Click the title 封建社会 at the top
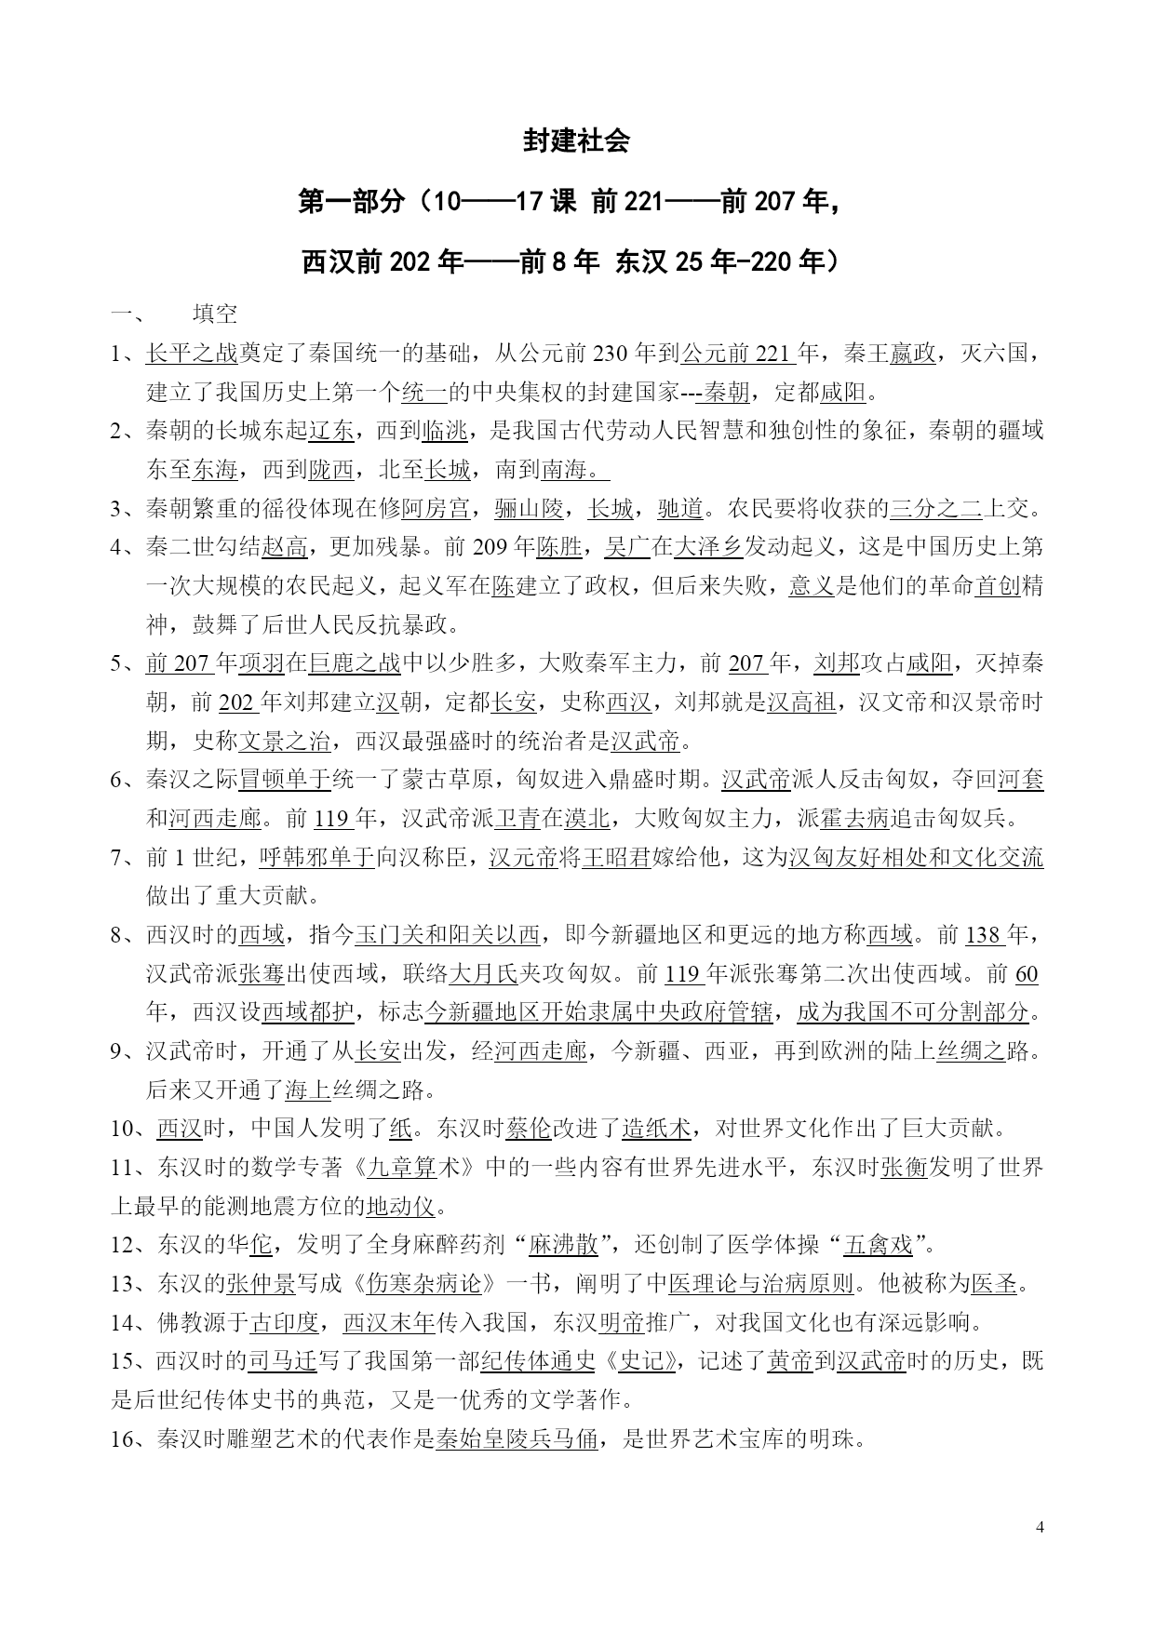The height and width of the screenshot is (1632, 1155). tap(577, 140)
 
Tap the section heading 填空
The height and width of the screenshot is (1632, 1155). tap(215, 314)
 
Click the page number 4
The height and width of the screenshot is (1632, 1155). tap(1040, 1527)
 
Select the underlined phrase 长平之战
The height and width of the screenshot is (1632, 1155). tap(192, 354)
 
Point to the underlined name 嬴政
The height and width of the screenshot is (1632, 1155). tap(912, 354)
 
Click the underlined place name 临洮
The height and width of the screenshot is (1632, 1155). tap(445, 431)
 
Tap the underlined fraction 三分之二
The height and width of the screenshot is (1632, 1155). tap(936, 508)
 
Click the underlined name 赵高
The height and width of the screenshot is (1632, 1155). tap(285, 547)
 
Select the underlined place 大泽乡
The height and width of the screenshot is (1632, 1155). tap(708, 547)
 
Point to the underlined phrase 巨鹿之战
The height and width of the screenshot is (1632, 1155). tap(354, 663)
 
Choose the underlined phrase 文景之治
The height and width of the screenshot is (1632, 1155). tap(285, 742)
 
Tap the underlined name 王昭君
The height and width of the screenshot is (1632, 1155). tap(615, 858)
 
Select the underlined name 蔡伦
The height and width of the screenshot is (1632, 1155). tap(529, 1129)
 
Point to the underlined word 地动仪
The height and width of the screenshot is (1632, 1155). tap(400, 1207)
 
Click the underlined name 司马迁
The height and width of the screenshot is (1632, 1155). tap(283, 1362)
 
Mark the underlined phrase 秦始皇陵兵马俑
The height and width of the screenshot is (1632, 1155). tap(517, 1439)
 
